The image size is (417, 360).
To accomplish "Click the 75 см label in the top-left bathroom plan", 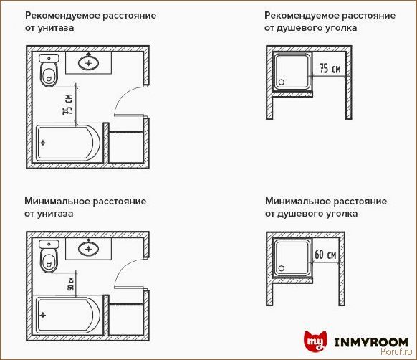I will [68, 105].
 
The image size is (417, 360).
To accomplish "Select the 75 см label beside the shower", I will [330, 69].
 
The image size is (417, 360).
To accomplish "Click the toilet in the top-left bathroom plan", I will [49, 70].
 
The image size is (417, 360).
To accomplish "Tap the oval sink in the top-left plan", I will [90, 63].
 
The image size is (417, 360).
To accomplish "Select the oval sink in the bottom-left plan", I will [90, 249].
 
